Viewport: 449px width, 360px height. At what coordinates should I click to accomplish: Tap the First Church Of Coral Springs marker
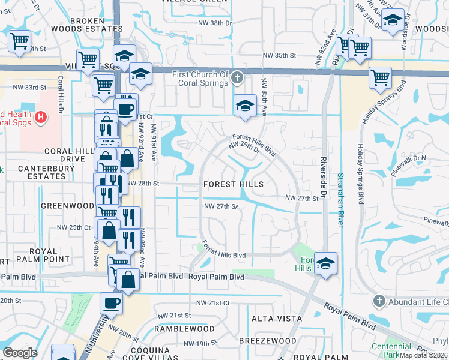pos(238,77)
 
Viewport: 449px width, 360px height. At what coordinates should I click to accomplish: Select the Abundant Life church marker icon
pos(378,300)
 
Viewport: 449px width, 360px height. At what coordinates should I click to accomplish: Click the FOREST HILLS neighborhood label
pos(234,184)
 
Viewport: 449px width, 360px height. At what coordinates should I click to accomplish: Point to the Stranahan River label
pos(340,199)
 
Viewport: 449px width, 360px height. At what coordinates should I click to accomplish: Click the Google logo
pos(20,353)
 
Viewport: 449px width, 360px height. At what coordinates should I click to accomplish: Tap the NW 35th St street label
pos(279,55)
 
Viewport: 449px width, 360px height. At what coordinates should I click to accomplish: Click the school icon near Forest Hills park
pos(325,263)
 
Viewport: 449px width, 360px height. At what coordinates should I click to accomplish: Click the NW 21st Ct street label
pos(209,303)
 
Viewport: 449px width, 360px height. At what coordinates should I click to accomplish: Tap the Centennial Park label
pos(391,350)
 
